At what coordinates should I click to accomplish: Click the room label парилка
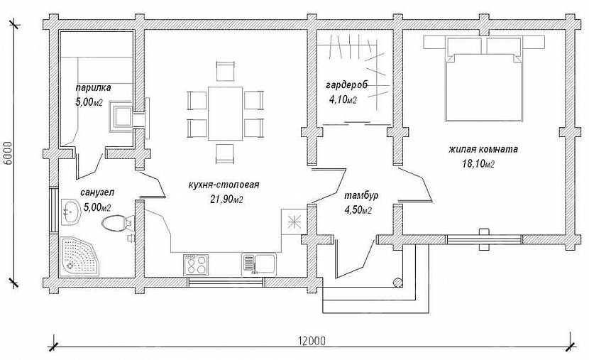pos(93,88)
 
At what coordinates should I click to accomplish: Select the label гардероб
pos(346,85)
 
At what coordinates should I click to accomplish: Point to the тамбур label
pos(361,196)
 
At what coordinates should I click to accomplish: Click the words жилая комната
pos(483,149)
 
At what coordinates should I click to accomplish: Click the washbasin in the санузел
pos(70,212)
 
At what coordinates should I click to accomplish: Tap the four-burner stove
pos(196,264)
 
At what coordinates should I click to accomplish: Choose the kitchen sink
pos(259,264)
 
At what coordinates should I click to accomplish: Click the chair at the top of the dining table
pos(226,70)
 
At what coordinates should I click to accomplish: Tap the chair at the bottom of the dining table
pos(226,153)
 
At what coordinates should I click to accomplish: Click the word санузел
pos(97,192)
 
